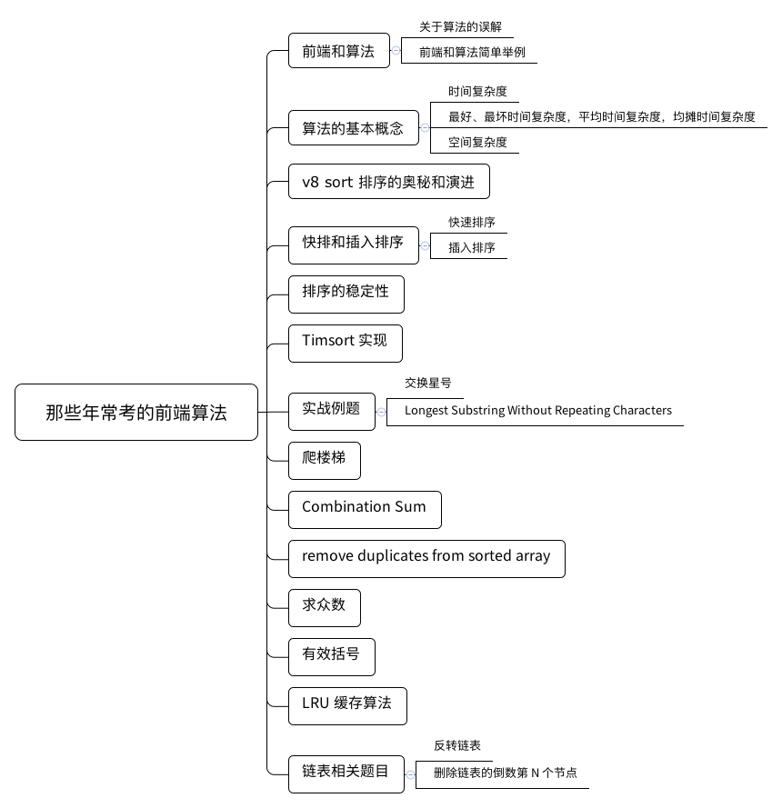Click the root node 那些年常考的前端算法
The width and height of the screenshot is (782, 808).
136,413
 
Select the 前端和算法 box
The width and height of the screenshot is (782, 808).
338,51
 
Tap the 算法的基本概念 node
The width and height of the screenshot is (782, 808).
353,128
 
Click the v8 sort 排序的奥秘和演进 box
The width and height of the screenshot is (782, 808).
388,182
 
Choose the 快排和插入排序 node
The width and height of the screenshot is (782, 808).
353,245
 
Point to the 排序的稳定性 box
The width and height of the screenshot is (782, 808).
346,294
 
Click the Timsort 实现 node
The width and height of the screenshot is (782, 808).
345,344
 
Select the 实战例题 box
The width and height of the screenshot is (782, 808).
332,412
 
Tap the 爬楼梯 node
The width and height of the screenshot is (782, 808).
325,461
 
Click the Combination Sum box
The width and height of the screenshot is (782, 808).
365,510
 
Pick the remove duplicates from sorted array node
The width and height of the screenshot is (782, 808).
426,559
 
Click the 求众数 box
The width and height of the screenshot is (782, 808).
325,608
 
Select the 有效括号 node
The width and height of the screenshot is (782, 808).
332,657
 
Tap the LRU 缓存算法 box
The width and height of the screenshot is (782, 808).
347,706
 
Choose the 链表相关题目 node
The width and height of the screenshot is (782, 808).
346,774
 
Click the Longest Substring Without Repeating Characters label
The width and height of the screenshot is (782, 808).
538,410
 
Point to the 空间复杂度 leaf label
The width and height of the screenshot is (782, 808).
477,142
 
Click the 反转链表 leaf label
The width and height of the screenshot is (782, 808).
456,745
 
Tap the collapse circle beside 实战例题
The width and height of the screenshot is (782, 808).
381,412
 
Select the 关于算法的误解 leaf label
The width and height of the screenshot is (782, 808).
460,26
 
